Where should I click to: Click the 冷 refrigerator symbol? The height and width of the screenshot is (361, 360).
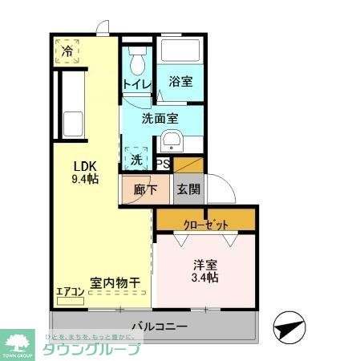[67, 51]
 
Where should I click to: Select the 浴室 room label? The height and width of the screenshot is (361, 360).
[179, 82]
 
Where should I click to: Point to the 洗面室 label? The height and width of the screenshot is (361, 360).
[160, 118]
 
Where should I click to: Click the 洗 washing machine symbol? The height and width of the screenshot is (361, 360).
[136, 159]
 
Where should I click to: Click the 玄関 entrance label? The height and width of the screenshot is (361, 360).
[188, 190]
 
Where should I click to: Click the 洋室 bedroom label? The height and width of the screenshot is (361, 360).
[204, 264]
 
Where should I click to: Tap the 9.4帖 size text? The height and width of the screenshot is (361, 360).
[84, 179]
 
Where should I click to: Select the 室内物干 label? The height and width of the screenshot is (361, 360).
[115, 282]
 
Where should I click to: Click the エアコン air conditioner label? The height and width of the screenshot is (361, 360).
[71, 291]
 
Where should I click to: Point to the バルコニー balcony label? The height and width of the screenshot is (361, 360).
[160, 327]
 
